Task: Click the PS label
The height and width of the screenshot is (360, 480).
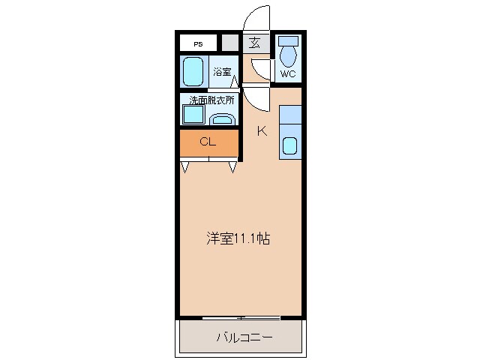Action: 198,43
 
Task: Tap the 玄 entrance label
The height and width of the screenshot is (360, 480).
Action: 255,43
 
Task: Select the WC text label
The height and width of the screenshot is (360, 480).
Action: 288,73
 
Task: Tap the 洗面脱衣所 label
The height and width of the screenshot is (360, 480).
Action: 211,100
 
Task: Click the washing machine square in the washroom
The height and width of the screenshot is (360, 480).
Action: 193,115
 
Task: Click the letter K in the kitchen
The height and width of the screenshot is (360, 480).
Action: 262,131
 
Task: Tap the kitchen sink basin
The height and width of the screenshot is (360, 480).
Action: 290,145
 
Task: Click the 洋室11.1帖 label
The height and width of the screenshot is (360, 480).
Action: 238,239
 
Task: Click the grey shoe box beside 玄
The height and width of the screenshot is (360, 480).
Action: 229,43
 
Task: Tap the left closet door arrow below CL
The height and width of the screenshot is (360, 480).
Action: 184,167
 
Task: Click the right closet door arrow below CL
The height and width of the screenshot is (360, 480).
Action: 233,167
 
